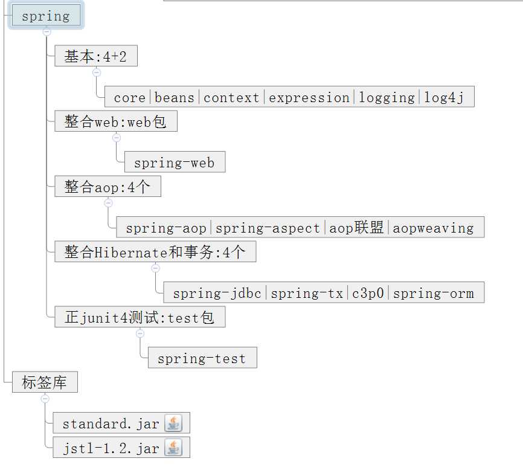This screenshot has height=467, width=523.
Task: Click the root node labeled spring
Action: pyautogui.click(x=46, y=15)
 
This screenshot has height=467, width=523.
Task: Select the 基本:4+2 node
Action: pyautogui.click(x=96, y=56)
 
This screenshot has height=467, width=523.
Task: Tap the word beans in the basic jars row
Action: pyautogui.click(x=174, y=97)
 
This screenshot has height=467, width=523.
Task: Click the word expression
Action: pyautogui.click(x=309, y=98)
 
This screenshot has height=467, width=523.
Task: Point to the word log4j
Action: pyautogui.click(x=444, y=98)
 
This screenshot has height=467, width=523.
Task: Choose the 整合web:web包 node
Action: pyautogui.click(x=116, y=121)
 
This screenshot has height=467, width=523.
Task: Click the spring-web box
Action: pyautogui.click(x=175, y=162)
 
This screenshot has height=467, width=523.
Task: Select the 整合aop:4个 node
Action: pyautogui.click(x=107, y=187)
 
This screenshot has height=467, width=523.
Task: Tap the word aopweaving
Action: pyautogui.click(x=433, y=228)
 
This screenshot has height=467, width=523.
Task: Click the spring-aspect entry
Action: pyautogui.click(x=268, y=228)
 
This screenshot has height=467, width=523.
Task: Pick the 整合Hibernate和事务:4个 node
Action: pyautogui.click(x=155, y=251)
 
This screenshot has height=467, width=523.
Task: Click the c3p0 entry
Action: pyautogui.click(x=368, y=293)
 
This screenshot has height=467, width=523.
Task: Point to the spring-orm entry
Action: pyautogui.click(x=433, y=293)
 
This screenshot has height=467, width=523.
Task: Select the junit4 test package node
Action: pyautogui.click(x=140, y=317)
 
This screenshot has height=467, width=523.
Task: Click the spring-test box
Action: pyautogui.click(x=202, y=358)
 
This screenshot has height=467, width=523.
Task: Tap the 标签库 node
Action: pyautogui.click(x=45, y=382)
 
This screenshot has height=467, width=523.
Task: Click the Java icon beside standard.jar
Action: pyautogui.click(x=173, y=423)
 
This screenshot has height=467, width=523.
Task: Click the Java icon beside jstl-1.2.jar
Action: pyautogui.click(x=173, y=448)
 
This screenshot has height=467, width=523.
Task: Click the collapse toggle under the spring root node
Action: pyautogui.click(x=47, y=32)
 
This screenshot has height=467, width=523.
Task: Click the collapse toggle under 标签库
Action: pyautogui.click(x=45, y=399)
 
